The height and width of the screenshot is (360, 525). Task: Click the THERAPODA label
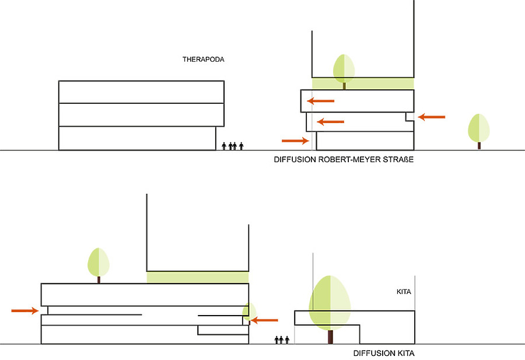204,60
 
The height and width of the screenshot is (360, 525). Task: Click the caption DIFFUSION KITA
384,353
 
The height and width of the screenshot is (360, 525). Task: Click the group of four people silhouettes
233,146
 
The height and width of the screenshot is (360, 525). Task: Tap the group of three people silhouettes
282,340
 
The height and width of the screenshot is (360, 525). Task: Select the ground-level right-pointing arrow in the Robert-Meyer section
295,140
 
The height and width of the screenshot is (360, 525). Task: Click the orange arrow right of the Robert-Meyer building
432,117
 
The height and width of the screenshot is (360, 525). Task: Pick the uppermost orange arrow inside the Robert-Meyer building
321,102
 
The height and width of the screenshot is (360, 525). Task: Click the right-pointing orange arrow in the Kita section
25,310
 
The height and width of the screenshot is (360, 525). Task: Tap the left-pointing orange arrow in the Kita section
264,319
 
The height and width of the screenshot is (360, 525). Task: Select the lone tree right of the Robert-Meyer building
479,129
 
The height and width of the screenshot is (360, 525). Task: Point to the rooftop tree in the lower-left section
99,264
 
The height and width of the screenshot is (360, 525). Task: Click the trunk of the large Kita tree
331,337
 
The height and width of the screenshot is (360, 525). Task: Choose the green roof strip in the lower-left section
197,277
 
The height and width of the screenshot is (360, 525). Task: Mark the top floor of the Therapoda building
141,92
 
